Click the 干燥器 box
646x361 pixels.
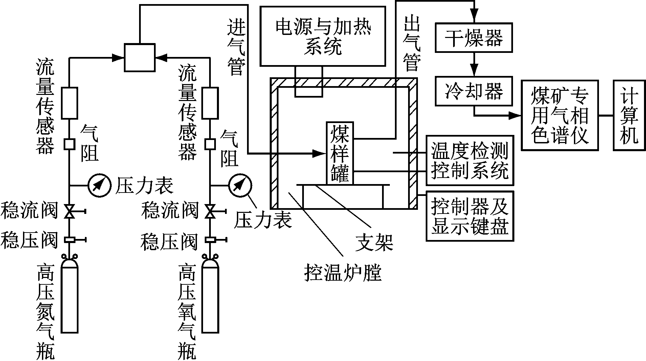pos(473,37)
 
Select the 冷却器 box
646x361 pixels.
pos(473,91)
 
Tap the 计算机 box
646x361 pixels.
pos(629,115)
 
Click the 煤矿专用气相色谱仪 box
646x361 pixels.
pos(560,115)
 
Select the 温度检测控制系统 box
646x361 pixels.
pos(470,160)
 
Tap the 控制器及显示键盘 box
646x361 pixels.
pos(470,216)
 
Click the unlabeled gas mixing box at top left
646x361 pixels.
pos(139,58)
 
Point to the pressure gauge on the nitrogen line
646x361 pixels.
pos(99,185)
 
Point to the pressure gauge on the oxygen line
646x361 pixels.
pos(240,185)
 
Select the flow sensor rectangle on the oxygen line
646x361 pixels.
pos(210,103)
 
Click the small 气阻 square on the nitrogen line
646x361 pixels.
pos(69,144)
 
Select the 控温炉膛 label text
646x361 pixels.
pos(342,273)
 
